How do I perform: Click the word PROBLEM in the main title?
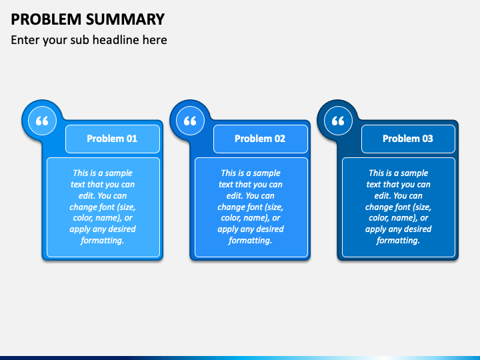(x=46, y=19)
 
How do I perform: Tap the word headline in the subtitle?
(x=115, y=40)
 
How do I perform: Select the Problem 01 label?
(x=112, y=139)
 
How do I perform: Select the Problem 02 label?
(x=260, y=139)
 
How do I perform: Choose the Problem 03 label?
(x=408, y=139)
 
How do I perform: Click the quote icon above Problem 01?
(x=42, y=121)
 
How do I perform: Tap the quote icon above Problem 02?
(x=190, y=121)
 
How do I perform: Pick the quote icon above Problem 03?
(x=338, y=121)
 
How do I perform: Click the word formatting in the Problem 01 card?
(x=102, y=240)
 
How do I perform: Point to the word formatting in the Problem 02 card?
(x=250, y=240)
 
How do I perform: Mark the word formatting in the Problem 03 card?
(x=398, y=240)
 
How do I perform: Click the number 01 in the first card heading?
(x=131, y=139)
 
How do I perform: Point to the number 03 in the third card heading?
(x=427, y=139)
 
